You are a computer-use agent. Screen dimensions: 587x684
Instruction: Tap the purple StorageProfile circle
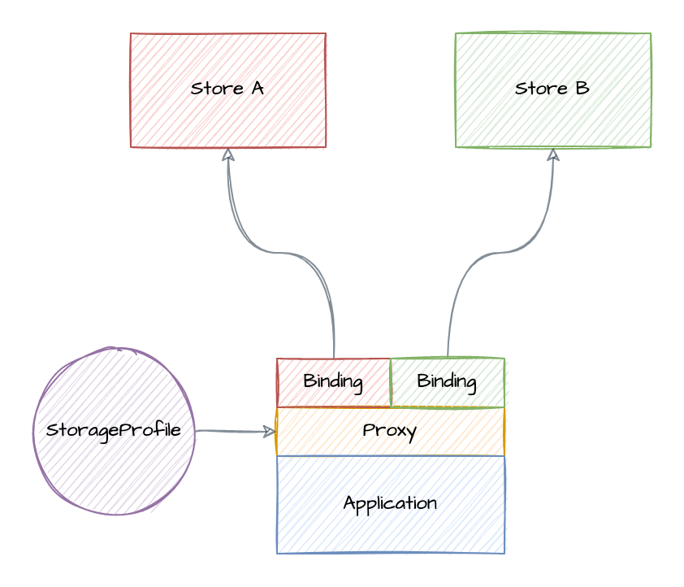pyautogui.click(x=114, y=472)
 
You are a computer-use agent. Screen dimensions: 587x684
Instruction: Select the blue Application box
pyautogui.click(x=390, y=533)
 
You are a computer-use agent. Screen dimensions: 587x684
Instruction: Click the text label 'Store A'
pyautogui.click(x=227, y=89)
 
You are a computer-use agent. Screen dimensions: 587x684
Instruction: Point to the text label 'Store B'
pyautogui.click(x=552, y=89)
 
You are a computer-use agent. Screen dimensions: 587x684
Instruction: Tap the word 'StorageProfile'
pyautogui.click(x=114, y=430)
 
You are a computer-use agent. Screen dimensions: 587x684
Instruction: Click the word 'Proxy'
pyautogui.click(x=390, y=430)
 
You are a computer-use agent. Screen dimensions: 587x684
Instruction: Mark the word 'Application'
pyautogui.click(x=390, y=503)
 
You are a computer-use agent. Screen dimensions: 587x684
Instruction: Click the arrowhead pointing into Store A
pyautogui.click(x=228, y=154)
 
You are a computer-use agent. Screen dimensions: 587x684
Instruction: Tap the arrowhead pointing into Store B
pyautogui.click(x=553, y=154)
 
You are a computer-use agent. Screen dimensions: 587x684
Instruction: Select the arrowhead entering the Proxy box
pyautogui.click(x=271, y=432)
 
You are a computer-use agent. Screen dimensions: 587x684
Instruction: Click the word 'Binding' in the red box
pyautogui.click(x=333, y=381)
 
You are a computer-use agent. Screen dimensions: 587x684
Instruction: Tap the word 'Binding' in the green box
pyautogui.click(x=447, y=381)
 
